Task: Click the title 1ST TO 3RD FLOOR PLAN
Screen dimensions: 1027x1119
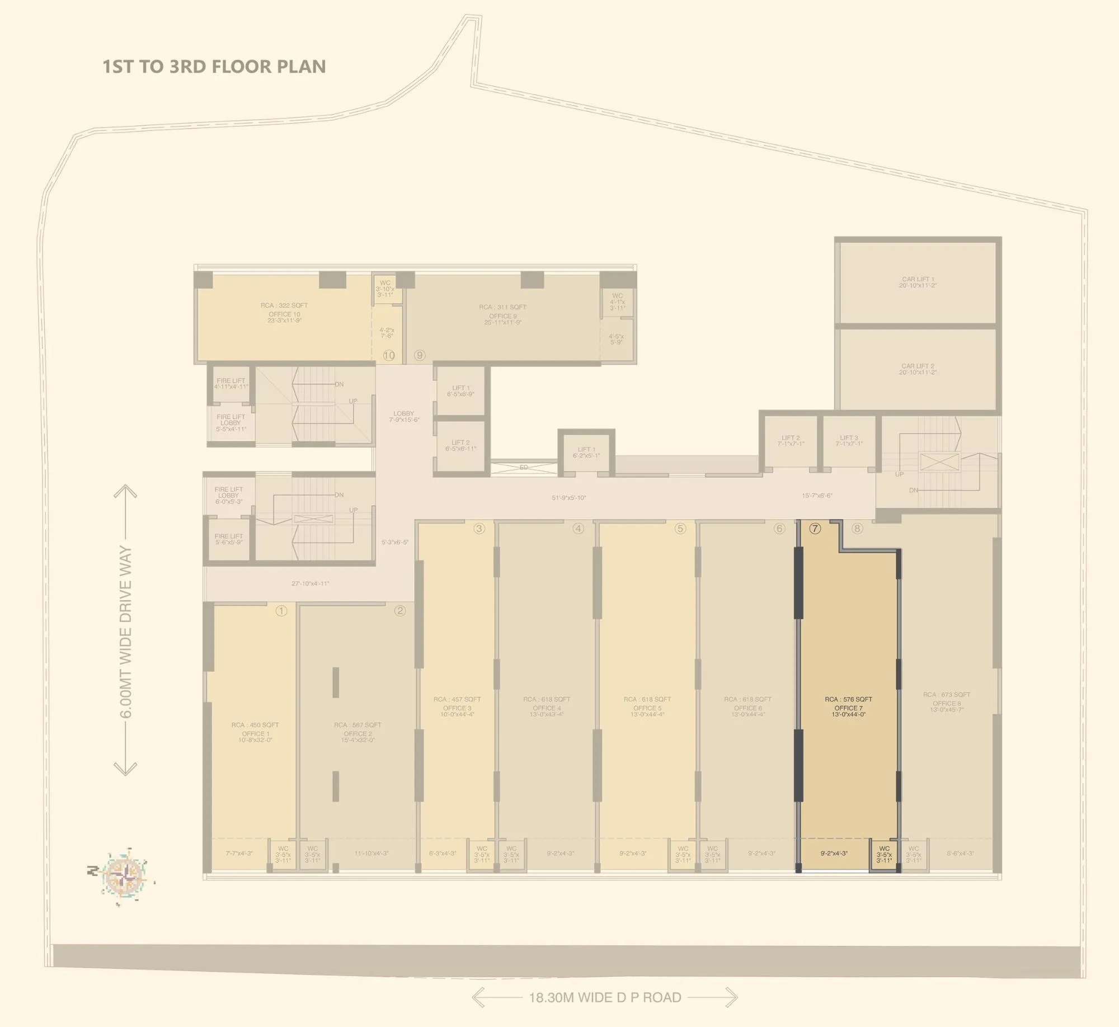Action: pos(214,66)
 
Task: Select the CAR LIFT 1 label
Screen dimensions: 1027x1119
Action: pos(918,279)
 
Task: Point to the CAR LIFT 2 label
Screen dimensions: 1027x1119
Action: pos(918,366)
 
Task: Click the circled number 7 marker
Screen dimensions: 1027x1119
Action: pos(815,528)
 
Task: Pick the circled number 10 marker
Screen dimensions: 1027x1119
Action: pos(389,355)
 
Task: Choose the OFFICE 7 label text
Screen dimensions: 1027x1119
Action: pos(848,708)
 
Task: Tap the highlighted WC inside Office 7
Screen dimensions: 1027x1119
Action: pos(884,854)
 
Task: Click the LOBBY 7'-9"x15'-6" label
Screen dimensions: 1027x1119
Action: pos(404,416)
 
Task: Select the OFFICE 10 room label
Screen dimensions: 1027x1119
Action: pos(284,314)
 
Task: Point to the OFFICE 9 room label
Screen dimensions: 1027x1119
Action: pos(503,316)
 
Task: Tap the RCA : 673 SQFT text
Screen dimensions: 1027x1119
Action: pos(947,695)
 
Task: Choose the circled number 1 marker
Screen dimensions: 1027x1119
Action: pos(281,611)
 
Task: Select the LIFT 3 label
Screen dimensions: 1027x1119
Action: pos(849,438)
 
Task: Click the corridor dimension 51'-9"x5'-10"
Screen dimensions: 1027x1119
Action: pos(568,497)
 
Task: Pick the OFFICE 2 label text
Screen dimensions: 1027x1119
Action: pos(358,734)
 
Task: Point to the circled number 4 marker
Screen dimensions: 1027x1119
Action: pos(578,528)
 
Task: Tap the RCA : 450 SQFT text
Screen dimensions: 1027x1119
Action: pos(255,725)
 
